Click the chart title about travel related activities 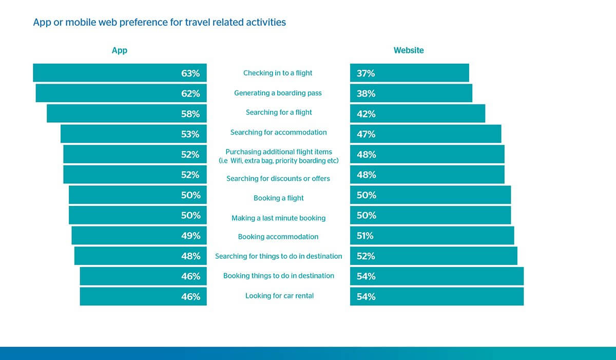coord(160,22)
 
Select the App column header coord(119,51)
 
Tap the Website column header coord(409,50)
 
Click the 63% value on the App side coord(190,73)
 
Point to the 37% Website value coord(365,73)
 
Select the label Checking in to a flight coord(278,73)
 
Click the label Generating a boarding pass coord(278,93)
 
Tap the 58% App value coord(190,114)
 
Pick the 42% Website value coord(366,114)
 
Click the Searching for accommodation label coord(279,132)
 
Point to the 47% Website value coord(366,134)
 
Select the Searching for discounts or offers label coord(278,179)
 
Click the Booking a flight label coord(279,198)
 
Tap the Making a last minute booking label coord(278,218)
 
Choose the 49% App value coord(190,236)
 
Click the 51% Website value coord(365,236)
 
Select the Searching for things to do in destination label coord(279,256)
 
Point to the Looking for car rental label coord(279,296)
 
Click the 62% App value coord(190,94)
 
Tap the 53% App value coord(190,134)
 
